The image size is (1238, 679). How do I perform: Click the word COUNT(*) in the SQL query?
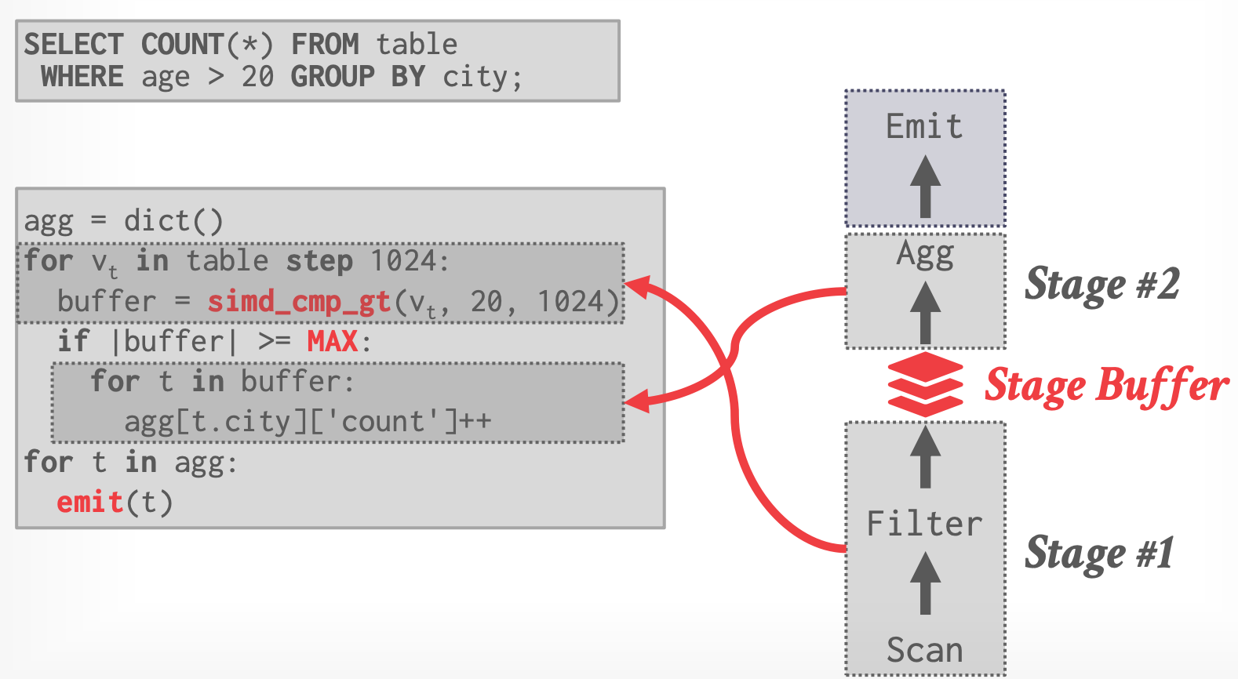pos(207,45)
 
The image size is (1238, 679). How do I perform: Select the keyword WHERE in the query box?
pos(82,77)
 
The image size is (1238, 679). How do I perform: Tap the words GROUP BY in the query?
pos(358,77)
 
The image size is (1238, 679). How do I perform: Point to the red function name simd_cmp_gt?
pos(299,301)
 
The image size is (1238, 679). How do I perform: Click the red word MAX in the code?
pos(333,341)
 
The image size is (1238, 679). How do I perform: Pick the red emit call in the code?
pos(90,502)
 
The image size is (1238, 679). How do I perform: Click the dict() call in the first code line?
pos(173,221)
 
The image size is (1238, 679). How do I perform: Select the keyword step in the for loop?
pos(319,261)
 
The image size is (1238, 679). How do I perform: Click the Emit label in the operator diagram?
pos(924,126)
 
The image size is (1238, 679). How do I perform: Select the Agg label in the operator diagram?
pos(925,254)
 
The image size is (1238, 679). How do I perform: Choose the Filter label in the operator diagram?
pos(924,524)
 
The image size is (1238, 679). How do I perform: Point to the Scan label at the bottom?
pos(925,650)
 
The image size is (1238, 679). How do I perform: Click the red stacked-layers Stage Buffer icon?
pos(925,384)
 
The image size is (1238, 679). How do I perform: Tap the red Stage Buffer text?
pos(1106,385)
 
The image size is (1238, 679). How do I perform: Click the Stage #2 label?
pos(1101,285)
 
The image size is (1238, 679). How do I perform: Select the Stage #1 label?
pos(1099,554)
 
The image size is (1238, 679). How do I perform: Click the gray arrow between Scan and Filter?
pos(926,583)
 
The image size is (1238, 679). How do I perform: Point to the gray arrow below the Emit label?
pos(926,187)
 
